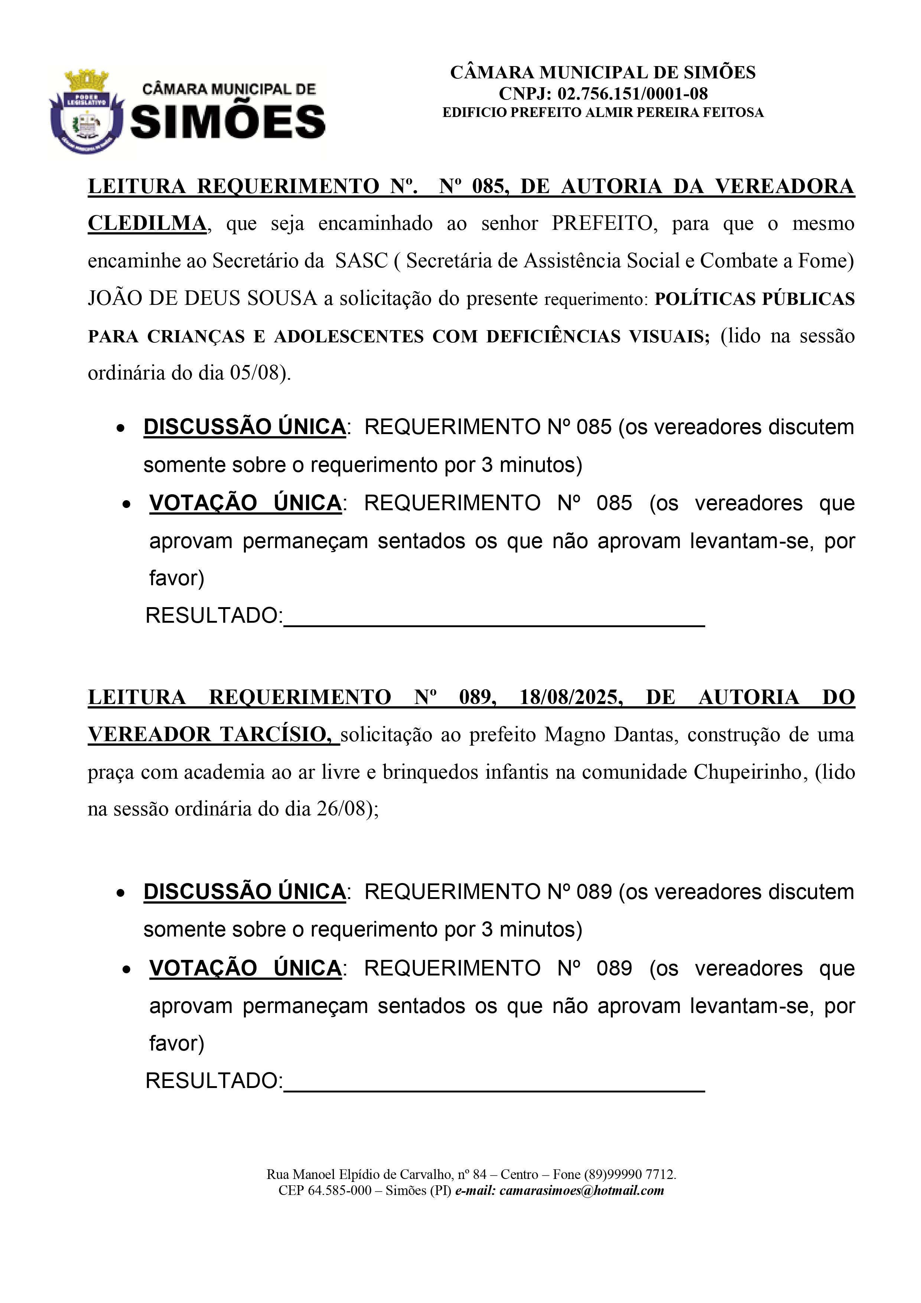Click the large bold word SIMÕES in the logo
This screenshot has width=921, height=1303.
[228, 122]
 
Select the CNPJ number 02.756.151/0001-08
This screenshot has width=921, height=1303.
[632, 94]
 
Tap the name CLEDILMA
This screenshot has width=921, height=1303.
[147, 224]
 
